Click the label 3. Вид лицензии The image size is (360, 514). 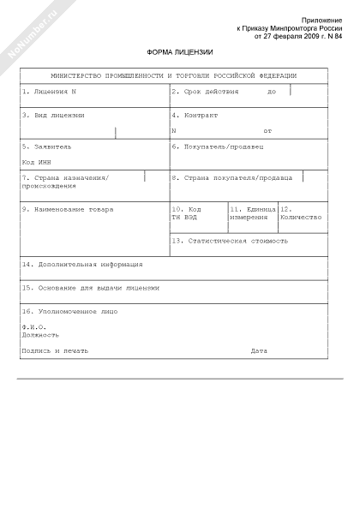[x=53, y=115]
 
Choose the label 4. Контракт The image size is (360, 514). [x=195, y=115]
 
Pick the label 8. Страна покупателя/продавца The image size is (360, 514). [x=231, y=177]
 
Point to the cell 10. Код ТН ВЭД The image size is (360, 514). [x=186, y=213]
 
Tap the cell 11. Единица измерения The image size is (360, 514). [x=252, y=213]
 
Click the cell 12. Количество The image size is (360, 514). [x=301, y=213]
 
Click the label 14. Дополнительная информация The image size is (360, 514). [x=82, y=265]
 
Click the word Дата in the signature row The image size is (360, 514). [x=259, y=351]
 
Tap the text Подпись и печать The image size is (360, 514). [x=55, y=351]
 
